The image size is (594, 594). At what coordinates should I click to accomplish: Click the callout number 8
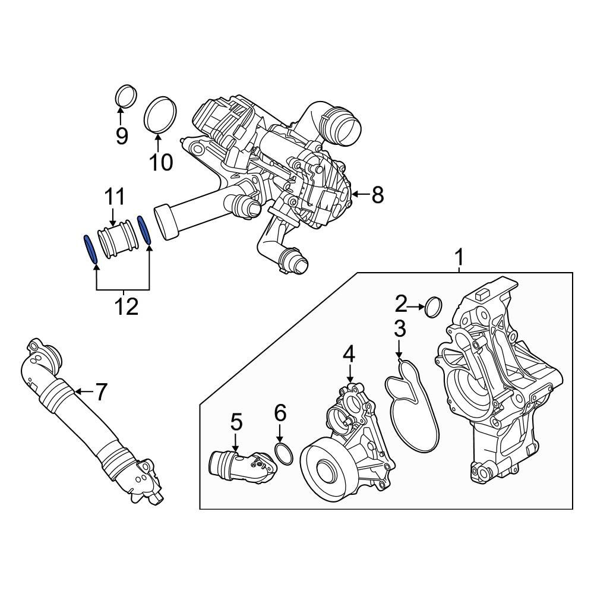378,194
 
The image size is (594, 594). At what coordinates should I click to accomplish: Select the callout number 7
101,391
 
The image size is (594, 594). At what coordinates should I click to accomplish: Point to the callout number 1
459,258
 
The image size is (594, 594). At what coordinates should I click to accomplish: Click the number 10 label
160,162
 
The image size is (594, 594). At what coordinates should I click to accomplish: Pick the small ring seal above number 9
125,97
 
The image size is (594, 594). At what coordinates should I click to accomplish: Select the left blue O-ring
90,249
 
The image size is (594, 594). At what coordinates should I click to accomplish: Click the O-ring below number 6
285,455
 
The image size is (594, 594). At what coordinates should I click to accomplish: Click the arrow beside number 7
83,391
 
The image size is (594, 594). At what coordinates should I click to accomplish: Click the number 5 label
236,422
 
